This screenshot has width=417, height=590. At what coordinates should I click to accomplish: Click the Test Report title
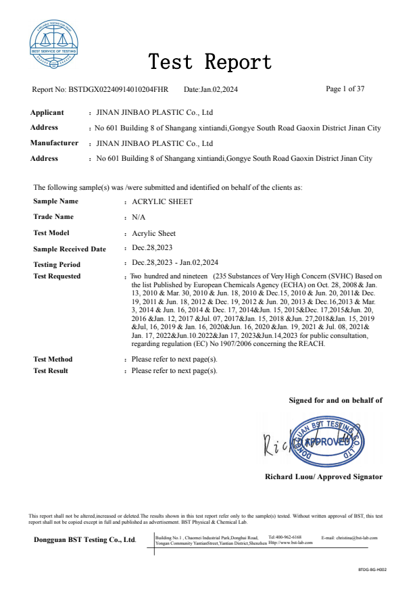pyautogui.click(x=210, y=63)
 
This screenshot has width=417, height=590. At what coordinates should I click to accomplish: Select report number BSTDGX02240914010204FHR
pyautogui.click(x=118, y=89)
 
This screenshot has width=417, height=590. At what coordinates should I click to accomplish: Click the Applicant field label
pyautogui.click(x=47, y=113)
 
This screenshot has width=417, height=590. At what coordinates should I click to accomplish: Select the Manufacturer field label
pyautogui.click(x=54, y=143)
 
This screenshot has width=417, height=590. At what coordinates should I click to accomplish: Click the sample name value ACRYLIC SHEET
pyautogui.click(x=162, y=201)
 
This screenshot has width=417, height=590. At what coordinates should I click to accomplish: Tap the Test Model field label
pyautogui.click(x=53, y=233)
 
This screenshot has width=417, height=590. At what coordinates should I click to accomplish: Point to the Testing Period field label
pyautogui.click(x=57, y=264)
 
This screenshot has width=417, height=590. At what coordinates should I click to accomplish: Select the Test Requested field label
pyautogui.click(x=57, y=276)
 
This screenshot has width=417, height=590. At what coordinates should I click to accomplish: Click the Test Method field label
pyautogui.click(x=53, y=360)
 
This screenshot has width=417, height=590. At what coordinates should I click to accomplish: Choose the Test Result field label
pyautogui.click(x=51, y=370)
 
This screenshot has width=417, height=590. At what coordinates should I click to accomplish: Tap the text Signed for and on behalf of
pyautogui.click(x=335, y=400)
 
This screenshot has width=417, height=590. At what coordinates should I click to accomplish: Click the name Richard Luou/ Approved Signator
pyautogui.click(x=324, y=476)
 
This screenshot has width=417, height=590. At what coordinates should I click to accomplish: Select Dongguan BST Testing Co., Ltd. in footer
pyautogui.click(x=85, y=539)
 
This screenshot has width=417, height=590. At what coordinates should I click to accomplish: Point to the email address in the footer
pyautogui.click(x=349, y=537)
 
